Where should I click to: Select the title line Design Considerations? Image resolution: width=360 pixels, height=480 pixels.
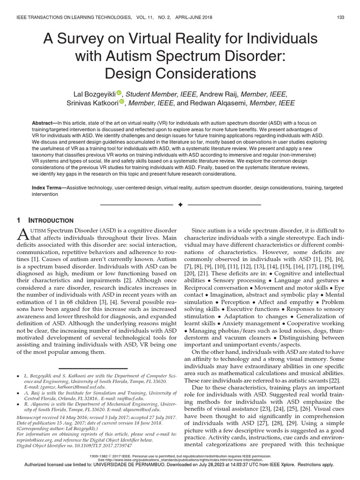click(180, 74)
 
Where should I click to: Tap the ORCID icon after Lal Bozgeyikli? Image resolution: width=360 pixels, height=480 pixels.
click(119, 92)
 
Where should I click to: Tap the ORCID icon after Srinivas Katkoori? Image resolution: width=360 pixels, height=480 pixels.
click(121, 102)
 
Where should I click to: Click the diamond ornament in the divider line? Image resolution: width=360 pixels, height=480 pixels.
click(180, 205)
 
